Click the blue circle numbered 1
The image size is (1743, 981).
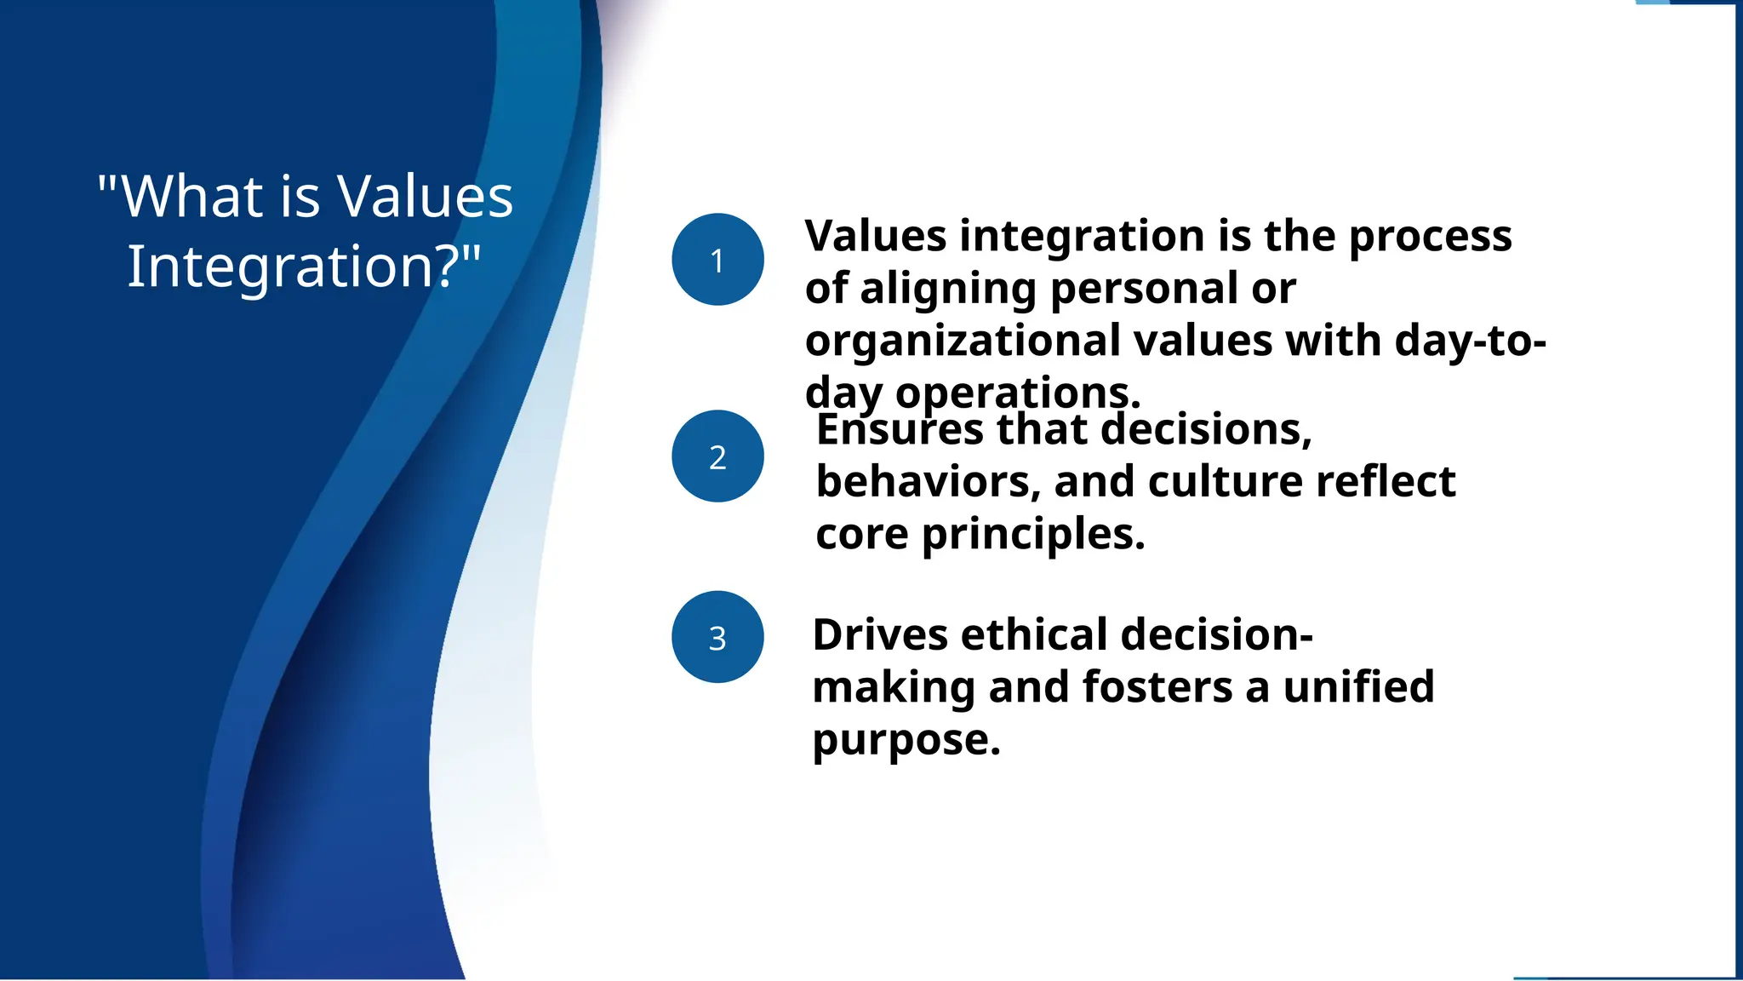(x=717, y=259)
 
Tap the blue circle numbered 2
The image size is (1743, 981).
(x=717, y=456)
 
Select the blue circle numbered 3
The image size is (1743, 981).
(x=717, y=637)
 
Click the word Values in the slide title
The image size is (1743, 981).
(x=426, y=197)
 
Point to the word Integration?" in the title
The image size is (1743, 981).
(x=305, y=267)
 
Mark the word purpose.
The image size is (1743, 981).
(x=906, y=740)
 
